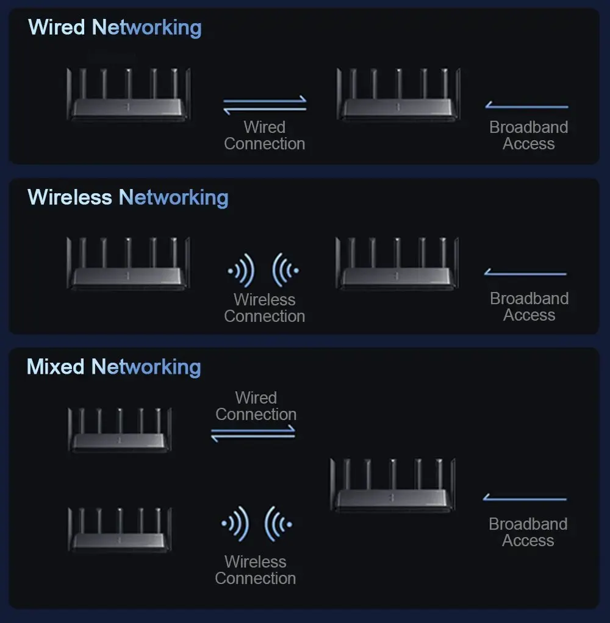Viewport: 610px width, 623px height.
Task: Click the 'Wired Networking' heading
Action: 115,27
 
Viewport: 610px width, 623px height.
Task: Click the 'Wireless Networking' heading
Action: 128,198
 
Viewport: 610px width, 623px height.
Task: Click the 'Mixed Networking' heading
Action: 113,367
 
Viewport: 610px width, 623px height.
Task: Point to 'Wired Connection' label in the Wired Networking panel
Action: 265,135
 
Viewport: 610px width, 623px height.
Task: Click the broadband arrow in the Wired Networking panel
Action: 527,107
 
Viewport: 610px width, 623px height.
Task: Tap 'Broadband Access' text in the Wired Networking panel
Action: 529,135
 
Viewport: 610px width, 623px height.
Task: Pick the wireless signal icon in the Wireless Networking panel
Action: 264,269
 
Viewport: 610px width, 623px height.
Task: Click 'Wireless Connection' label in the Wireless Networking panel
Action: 265,308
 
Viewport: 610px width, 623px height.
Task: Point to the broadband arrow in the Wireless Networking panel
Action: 526,273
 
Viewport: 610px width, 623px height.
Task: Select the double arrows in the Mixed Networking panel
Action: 253,433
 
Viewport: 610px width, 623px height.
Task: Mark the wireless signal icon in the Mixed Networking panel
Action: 256,523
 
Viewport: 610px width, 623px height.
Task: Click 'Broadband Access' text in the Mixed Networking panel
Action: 528,532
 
